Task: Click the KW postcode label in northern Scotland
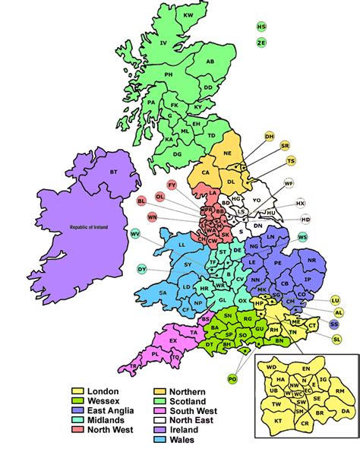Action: point(188,16)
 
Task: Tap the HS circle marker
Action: point(262,27)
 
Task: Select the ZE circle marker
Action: point(262,43)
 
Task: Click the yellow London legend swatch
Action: point(76,391)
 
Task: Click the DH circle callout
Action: point(269,136)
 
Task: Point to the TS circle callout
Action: point(291,161)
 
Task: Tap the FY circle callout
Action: point(172,185)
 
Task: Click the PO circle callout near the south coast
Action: point(232,377)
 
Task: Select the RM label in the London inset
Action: point(341,391)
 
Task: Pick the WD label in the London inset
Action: point(271,369)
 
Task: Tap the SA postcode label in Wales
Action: point(163,292)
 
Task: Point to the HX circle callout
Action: point(300,204)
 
